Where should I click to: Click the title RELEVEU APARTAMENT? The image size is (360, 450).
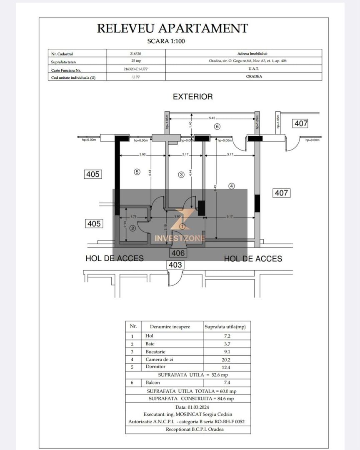coord(172,28)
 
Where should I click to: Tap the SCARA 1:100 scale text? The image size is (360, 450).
coord(166,41)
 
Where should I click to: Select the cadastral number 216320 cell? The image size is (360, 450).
coord(136,54)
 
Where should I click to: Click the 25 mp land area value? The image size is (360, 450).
coord(136,61)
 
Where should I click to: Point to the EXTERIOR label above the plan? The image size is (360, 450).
coord(192,97)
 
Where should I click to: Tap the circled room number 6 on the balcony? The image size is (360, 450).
coord(217,126)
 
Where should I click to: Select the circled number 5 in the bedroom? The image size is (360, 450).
coord(137,171)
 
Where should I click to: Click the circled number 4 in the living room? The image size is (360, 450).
coord(232,186)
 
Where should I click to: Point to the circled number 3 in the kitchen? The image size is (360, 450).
coord(181,175)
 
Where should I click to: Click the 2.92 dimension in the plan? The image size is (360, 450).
coord(142,155)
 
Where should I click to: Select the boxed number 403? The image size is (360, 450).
coord(175,265)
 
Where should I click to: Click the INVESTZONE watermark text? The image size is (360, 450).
coord(180,238)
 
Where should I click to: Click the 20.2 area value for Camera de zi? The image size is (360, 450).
coord(227,359)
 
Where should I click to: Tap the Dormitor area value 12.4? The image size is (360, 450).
coord(227,367)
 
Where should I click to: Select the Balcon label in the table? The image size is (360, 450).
coord(152,382)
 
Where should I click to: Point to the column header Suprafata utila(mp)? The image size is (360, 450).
coord(227,327)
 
